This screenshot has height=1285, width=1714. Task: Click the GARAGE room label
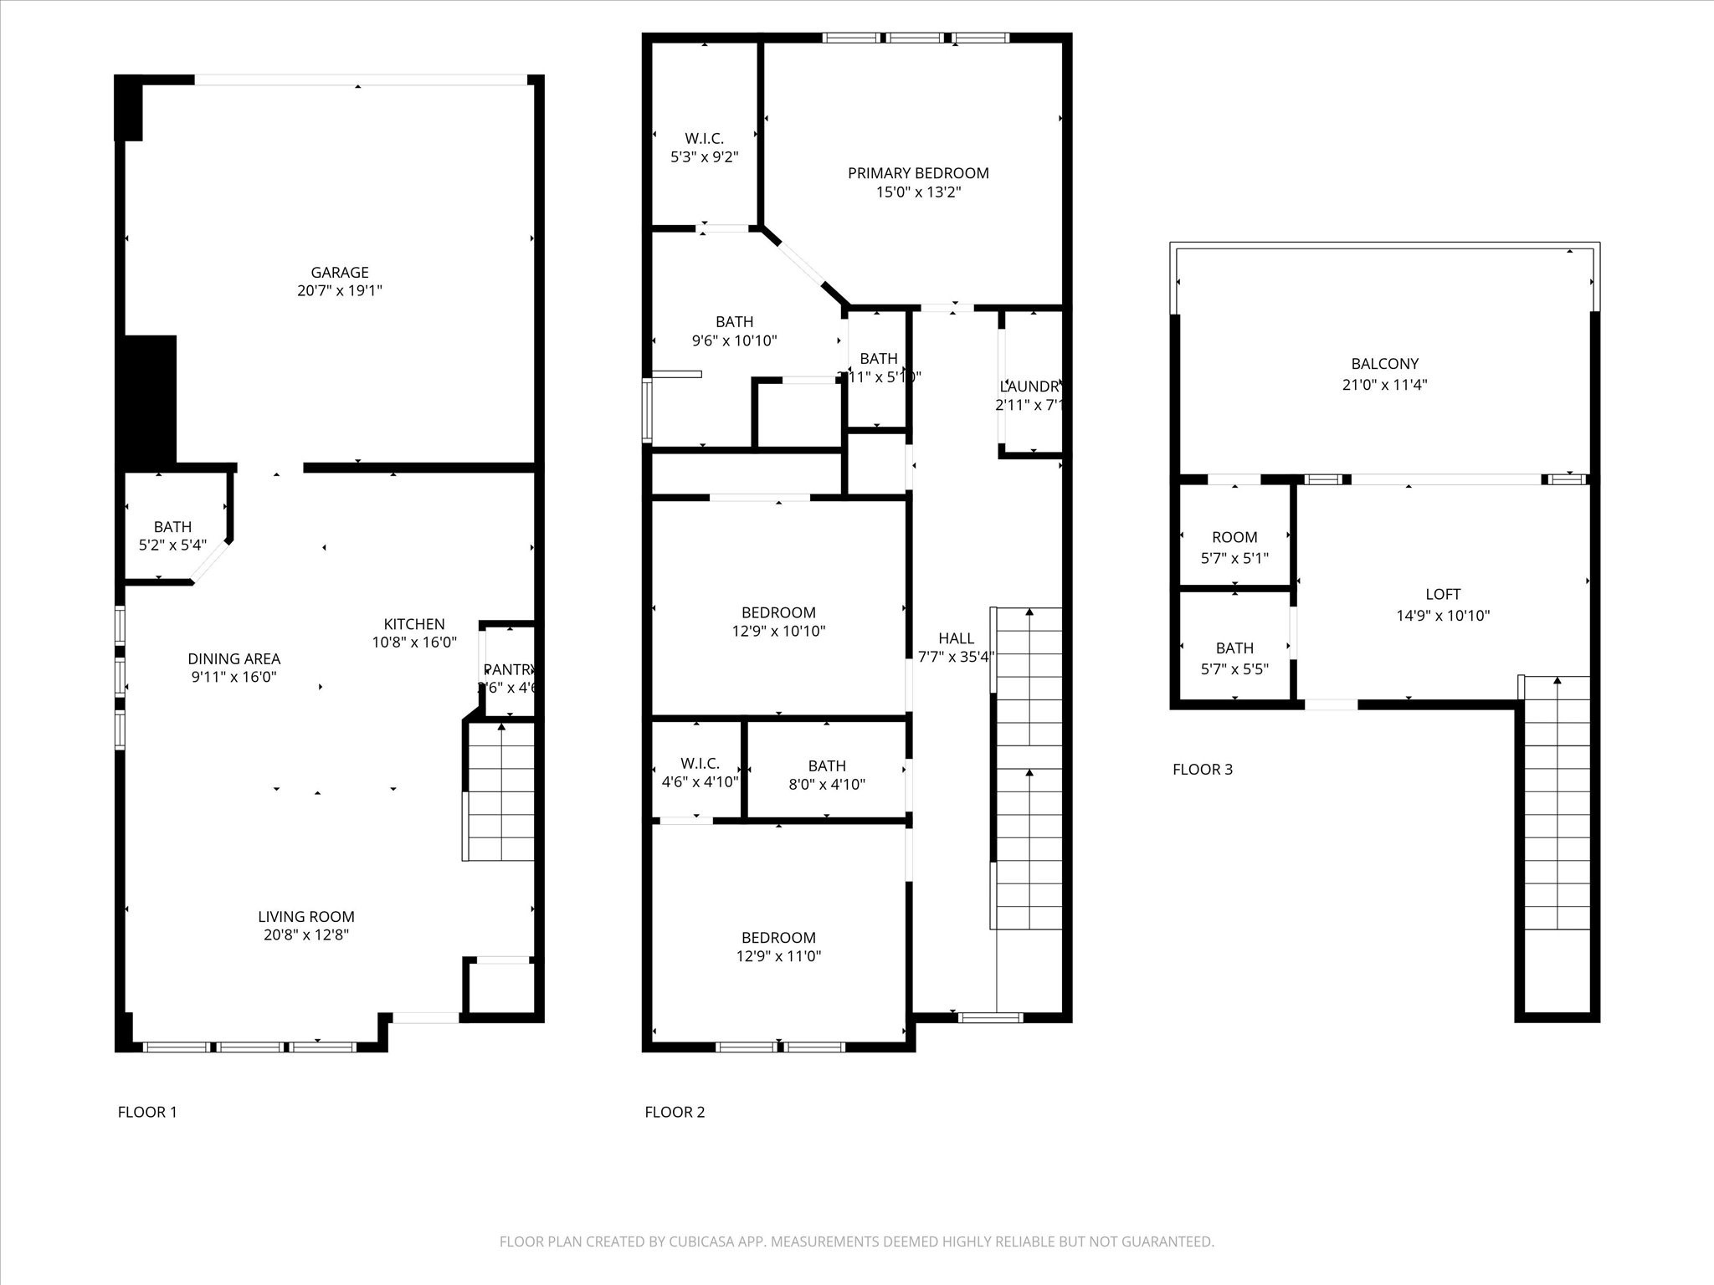click(339, 272)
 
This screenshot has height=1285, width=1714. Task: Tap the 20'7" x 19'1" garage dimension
click(339, 291)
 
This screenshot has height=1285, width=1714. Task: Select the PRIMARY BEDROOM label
click(918, 173)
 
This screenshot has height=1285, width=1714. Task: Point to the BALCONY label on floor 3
click(1384, 364)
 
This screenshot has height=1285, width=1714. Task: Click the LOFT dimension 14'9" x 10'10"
click(1443, 616)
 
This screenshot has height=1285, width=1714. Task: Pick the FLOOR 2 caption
click(675, 1112)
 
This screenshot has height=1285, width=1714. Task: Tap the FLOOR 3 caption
click(1202, 770)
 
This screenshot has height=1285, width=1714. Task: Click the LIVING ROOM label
click(305, 917)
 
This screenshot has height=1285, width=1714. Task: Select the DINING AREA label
click(233, 659)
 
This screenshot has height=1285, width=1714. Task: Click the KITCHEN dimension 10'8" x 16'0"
click(414, 642)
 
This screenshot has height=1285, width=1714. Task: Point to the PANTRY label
click(509, 669)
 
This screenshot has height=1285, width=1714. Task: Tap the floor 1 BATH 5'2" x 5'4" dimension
click(172, 545)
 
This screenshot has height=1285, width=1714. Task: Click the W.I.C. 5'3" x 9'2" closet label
click(704, 139)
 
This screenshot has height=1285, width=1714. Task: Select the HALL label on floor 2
click(956, 638)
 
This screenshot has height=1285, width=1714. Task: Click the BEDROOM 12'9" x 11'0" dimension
click(778, 956)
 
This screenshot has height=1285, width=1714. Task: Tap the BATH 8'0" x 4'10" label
click(826, 765)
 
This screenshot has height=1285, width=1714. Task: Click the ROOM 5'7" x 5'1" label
click(1234, 537)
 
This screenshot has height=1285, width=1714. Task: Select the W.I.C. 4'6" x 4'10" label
click(699, 764)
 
